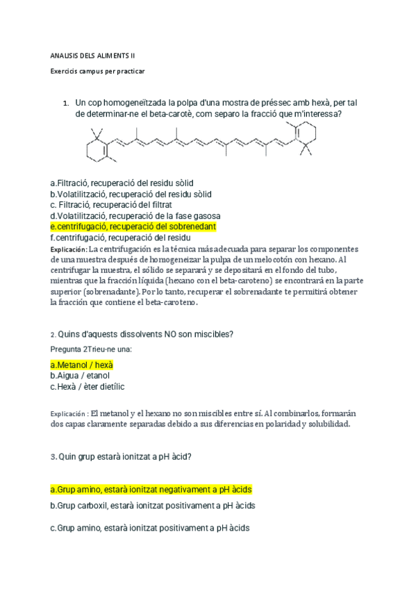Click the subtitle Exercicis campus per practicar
98,71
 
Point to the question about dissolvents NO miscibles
142,334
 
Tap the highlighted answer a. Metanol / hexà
82,365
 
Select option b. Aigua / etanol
80,376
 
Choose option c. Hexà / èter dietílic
88,387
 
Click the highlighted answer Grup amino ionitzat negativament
151,489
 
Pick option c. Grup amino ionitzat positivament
150,529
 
